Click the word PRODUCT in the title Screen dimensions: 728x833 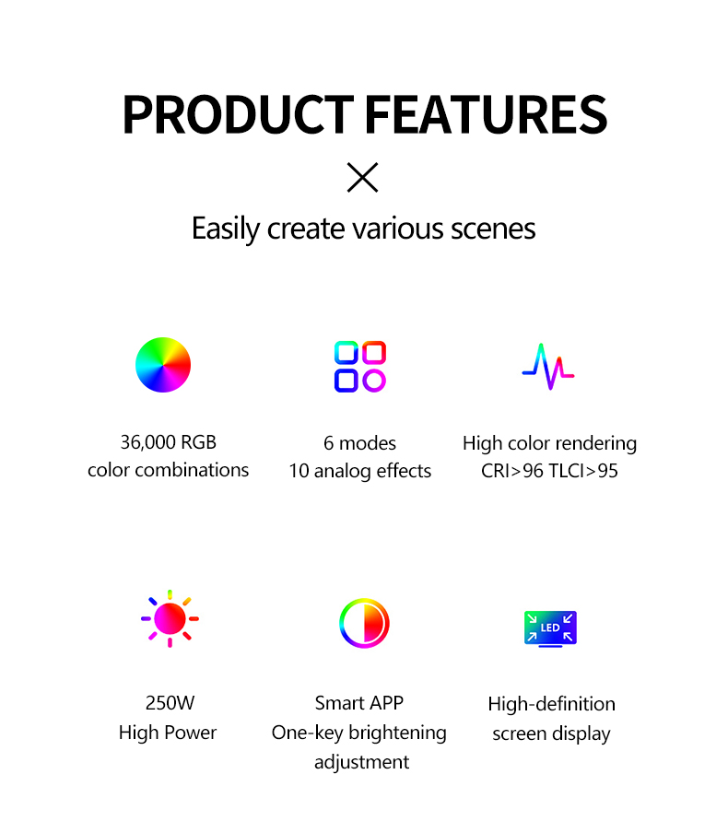238,113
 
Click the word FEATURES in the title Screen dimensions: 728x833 487,113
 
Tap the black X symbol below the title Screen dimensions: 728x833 362,178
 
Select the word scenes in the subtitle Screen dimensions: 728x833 493,229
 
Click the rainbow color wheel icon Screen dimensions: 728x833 163,365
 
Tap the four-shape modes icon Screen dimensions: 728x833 360,367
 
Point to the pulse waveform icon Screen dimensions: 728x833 548,367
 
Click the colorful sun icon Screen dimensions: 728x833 170,618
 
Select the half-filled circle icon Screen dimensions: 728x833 365,623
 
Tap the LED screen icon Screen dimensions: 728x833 550,629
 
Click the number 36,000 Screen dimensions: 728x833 147,442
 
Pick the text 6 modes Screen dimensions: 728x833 359,443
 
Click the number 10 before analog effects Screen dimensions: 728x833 299,471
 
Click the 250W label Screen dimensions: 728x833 170,703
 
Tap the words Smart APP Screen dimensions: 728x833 359,703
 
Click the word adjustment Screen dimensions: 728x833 362,762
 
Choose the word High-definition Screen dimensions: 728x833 552,704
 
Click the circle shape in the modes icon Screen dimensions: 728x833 374,381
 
